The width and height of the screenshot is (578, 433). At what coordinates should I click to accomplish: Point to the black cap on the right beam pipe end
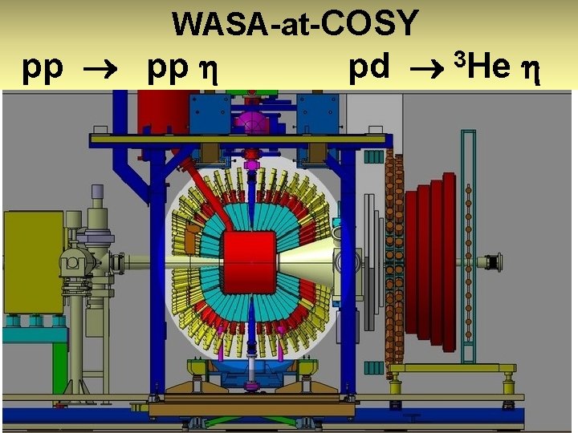tap(495, 262)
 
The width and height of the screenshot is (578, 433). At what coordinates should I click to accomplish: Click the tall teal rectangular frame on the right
tap(465, 241)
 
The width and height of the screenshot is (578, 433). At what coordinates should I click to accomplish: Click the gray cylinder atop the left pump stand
tap(96, 192)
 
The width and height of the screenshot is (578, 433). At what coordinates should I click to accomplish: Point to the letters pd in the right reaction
tap(369, 69)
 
